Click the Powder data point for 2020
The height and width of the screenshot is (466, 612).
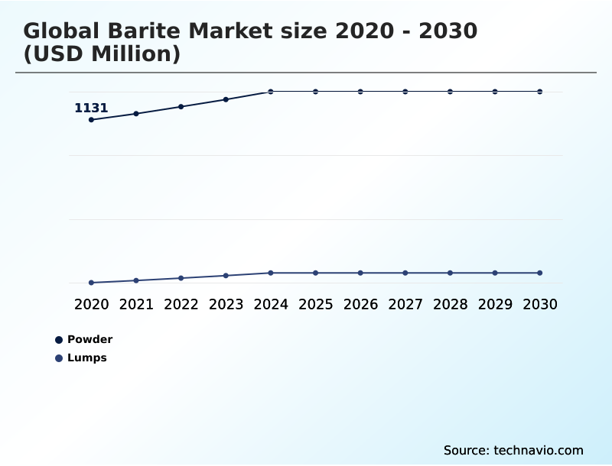click(x=91, y=120)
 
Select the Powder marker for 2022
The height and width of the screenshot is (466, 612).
click(x=181, y=106)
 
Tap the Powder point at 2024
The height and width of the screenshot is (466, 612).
click(x=271, y=92)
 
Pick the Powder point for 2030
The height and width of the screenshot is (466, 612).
click(x=540, y=92)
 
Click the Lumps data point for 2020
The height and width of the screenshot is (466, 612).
click(x=91, y=283)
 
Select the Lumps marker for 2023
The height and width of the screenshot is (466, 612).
click(x=226, y=275)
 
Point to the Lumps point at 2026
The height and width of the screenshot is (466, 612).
click(x=360, y=273)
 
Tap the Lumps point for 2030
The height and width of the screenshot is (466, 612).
click(x=540, y=273)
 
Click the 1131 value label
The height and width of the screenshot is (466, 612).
click(x=91, y=108)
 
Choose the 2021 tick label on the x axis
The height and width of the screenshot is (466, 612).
click(x=136, y=304)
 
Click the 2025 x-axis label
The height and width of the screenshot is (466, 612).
click(x=315, y=304)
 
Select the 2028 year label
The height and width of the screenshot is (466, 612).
click(x=450, y=304)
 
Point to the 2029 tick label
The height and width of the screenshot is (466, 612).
click(x=495, y=304)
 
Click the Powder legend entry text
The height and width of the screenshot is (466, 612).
click(x=90, y=339)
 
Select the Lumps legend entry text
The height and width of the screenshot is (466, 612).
click(x=87, y=358)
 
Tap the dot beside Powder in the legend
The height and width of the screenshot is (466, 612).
click(x=59, y=340)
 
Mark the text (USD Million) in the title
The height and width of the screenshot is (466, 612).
click(x=102, y=54)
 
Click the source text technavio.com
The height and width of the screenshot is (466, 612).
click(x=539, y=450)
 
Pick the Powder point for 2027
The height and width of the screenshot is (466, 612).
click(x=405, y=92)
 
